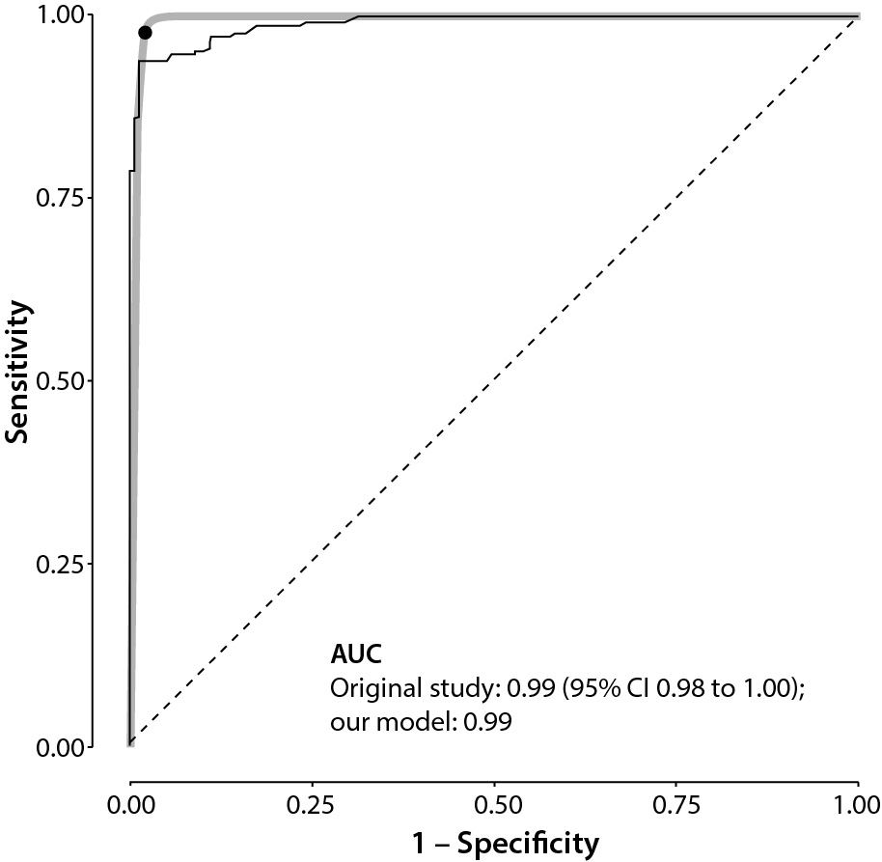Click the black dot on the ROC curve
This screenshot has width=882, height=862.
(145, 32)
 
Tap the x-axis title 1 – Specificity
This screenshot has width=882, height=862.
(494, 843)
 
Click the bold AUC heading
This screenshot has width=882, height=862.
(355, 655)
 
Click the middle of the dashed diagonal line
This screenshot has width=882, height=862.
(494, 380)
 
